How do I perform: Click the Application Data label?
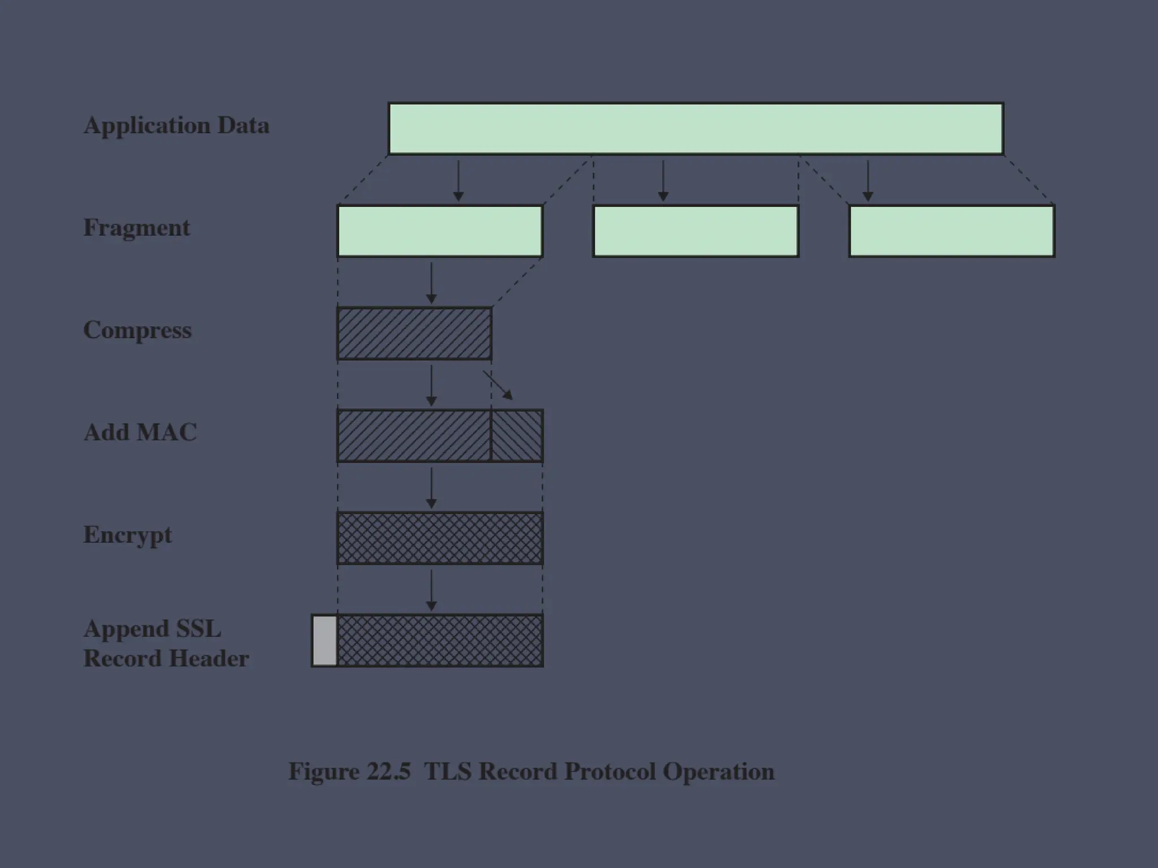(176, 125)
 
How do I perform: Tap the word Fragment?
(137, 228)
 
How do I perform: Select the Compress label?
(137, 331)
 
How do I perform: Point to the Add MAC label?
(140, 432)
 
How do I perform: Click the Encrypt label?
(128, 535)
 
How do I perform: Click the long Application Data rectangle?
(695, 128)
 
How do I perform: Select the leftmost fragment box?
(440, 231)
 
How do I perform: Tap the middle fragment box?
(695, 231)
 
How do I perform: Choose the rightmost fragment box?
(952, 231)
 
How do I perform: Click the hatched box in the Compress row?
(414, 333)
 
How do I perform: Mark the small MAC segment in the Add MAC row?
(517, 436)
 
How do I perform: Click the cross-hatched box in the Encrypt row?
(440, 538)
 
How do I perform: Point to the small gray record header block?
(325, 641)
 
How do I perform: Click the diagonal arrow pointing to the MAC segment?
(498, 385)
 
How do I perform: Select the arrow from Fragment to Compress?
(431, 283)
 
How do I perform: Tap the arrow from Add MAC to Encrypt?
(431, 488)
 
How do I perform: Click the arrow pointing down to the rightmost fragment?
(868, 181)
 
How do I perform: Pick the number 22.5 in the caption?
(388, 772)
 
